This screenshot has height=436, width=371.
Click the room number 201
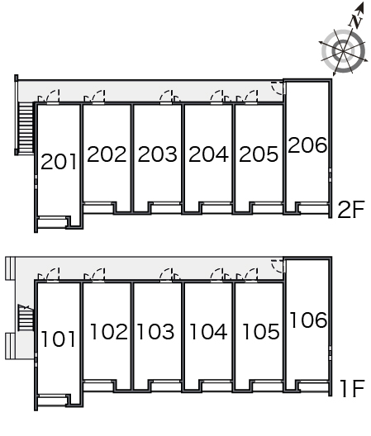(59, 162)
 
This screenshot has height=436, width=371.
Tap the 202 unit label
(107, 154)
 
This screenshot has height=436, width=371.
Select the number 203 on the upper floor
(158, 154)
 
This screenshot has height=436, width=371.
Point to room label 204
(208, 154)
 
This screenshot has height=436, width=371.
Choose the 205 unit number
(259, 154)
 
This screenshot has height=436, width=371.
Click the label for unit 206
(307, 145)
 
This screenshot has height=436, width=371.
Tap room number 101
(58, 339)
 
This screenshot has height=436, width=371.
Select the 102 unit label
(109, 331)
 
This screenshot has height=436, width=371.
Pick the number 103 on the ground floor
(156, 331)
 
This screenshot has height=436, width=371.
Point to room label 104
(208, 331)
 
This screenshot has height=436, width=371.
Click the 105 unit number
(261, 331)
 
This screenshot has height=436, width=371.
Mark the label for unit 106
(308, 320)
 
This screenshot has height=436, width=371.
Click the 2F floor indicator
(351, 210)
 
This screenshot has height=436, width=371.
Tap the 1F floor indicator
(352, 388)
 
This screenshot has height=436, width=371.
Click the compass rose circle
(343, 51)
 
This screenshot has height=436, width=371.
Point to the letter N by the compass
(356, 21)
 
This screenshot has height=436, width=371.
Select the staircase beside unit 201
(26, 128)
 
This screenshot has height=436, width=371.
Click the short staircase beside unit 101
(26, 317)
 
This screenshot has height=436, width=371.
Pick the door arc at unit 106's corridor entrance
(276, 266)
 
